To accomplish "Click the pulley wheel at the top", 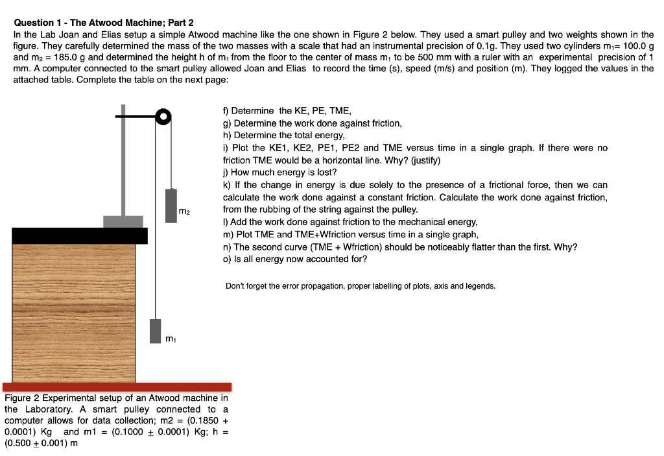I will pyautogui.click(x=163, y=117).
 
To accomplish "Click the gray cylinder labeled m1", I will pyautogui.click(x=156, y=331).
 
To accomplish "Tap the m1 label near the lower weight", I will pyautogui.click(x=169, y=338).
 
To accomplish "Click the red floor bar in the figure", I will pyautogui.click(x=117, y=387).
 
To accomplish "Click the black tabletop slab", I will pyautogui.click(x=79, y=235).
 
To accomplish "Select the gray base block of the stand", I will pyautogui.click(x=123, y=221).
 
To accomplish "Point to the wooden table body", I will pyautogui.click(x=73, y=311).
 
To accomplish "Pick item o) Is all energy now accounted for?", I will pyautogui.click(x=295, y=259).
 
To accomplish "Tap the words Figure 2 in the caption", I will pyautogui.click(x=21, y=398).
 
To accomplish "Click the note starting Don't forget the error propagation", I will pyautogui.click(x=360, y=286).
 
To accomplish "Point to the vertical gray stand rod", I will pyautogui.click(x=123, y=162).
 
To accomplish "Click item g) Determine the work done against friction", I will pyautogui.click(x=313, y=123).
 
